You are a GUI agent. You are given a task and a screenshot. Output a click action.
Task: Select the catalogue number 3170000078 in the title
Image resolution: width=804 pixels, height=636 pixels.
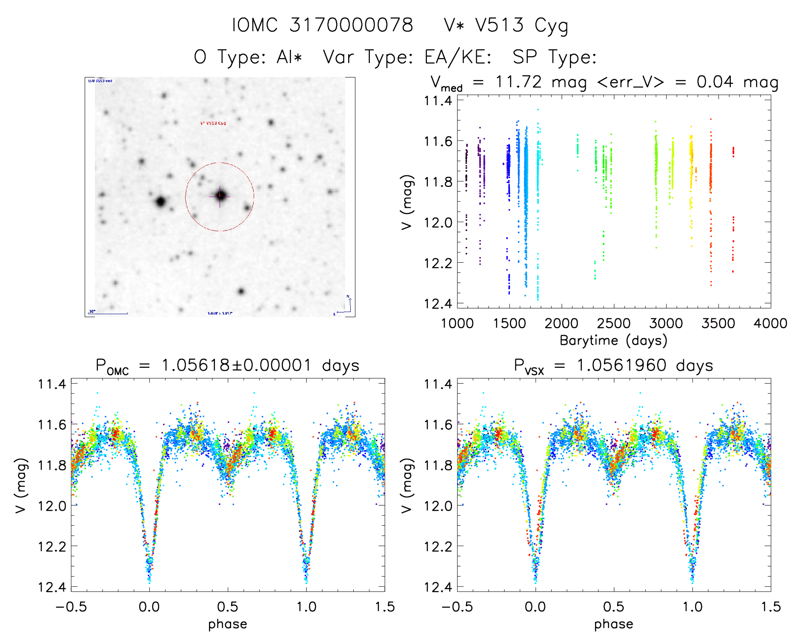click(x=351, y=26)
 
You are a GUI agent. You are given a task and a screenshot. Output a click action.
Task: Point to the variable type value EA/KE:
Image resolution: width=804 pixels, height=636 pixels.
click(x=458, y=57)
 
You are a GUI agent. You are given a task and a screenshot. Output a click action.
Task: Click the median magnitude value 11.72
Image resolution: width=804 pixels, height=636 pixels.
click(x=518, y=82)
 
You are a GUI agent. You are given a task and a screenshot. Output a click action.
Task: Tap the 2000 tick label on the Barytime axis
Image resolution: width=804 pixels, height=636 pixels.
click(x=561, y=324)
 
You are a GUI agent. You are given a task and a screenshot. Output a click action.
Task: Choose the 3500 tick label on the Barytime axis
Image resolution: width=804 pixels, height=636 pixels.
click(x=718, y=324)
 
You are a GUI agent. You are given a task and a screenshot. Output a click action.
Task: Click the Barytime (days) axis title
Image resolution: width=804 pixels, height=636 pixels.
click(x=613, y=341)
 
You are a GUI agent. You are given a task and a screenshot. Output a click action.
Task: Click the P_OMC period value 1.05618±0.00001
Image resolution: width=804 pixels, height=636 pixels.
click(x=237, y=366)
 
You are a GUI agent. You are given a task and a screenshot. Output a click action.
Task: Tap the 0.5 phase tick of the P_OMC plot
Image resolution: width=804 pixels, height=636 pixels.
click(x=228, y=607)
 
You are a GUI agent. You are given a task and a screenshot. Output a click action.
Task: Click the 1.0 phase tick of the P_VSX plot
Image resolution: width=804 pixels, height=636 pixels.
click(x=692, y=607)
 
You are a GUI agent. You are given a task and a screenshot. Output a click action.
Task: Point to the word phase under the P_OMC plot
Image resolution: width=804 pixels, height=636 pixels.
click(x=228, y=624)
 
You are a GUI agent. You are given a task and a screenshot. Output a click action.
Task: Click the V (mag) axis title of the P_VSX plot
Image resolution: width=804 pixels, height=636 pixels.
click(x=407, y=485)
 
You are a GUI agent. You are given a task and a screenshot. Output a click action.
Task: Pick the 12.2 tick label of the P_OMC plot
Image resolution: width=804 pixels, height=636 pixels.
click(x=52, y=546)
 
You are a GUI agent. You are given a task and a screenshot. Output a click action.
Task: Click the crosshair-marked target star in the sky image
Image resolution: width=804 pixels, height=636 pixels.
click(x=220, y=196)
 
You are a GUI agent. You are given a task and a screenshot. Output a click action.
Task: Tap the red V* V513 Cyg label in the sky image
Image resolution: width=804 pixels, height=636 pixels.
click(x=213, y=123)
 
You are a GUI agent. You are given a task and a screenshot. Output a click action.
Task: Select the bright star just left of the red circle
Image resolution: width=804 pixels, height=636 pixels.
click(x=160, y=201)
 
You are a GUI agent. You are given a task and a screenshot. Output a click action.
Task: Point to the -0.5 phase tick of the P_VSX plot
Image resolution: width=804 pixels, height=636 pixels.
click(x=457, y=607)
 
